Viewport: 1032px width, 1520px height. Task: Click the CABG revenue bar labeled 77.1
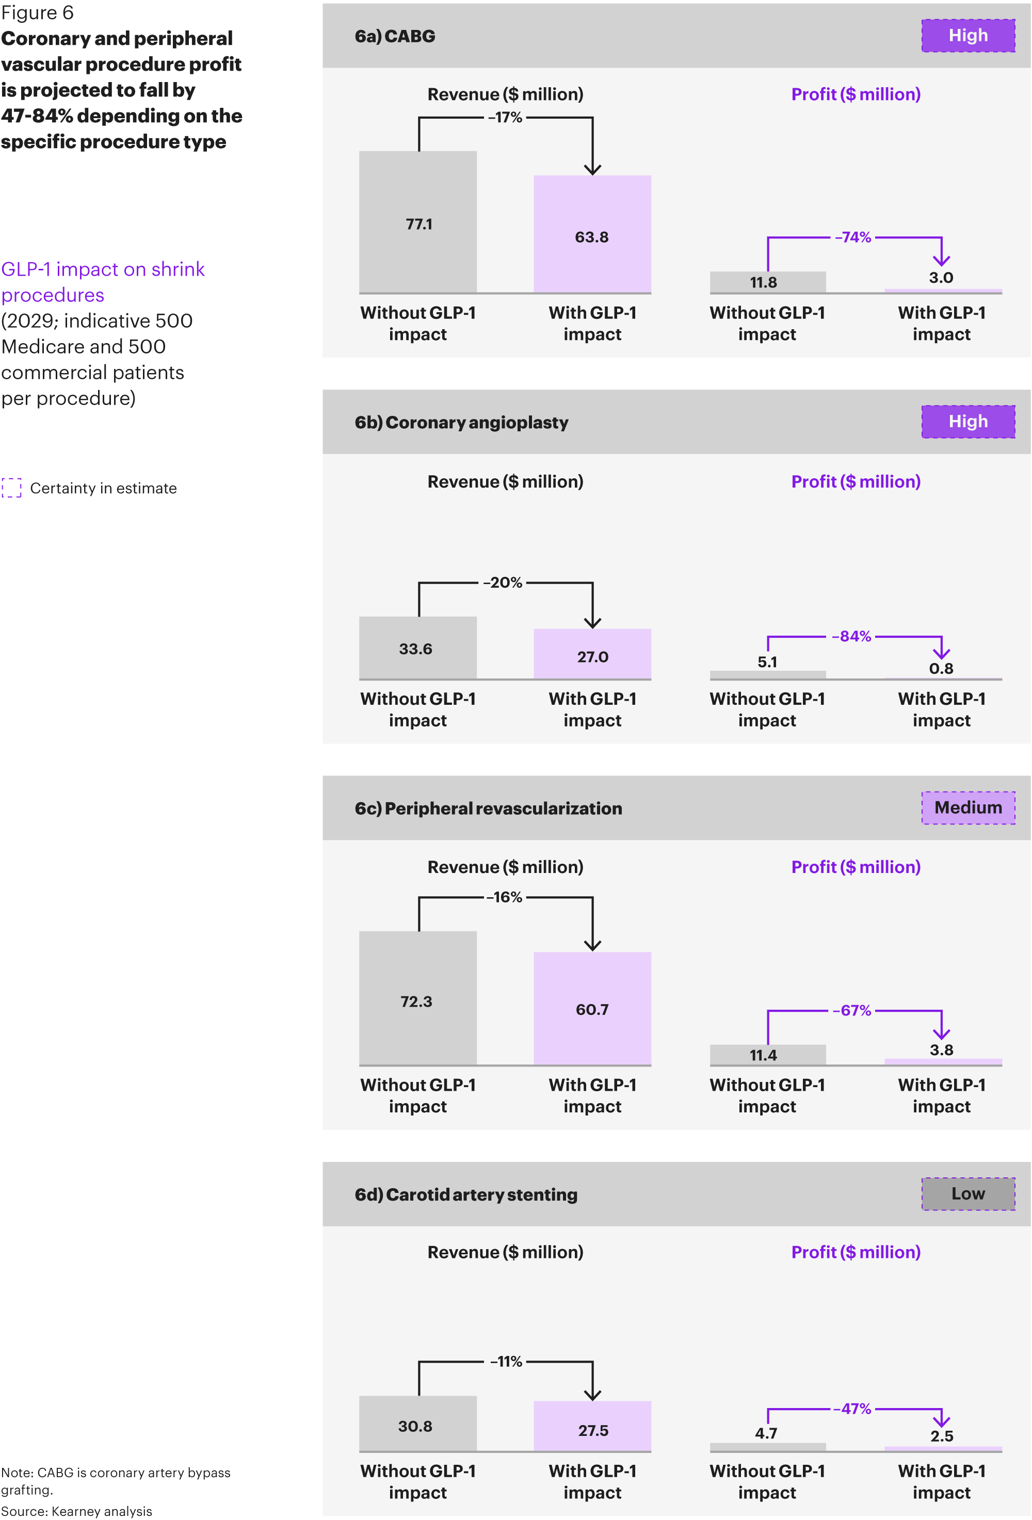pyautogui.click(x=417, y=222)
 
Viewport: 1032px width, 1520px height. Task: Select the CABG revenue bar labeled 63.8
pyautogui.click(x=592, y=234)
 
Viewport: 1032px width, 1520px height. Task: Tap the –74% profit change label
pyautogui.click(x=853, y=237)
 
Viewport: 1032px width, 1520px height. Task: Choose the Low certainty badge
pyautogui.click(x=968, y=1193)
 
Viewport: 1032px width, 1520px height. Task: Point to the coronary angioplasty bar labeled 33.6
pyautogui.click(x=417, y=648)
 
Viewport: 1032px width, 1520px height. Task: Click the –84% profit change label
pyautogui.click(x=851, y=636)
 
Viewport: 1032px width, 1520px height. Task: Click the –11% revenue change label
pyautogui.click(x=506, y=1361)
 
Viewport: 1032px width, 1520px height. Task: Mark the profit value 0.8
pyautogui.click(x=941, y=669)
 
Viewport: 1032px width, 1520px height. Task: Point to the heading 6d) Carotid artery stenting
pyautogui.click(x=465, y=1194)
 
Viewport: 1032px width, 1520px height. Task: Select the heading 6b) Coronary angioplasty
pyautogui.click(x=461, y=422)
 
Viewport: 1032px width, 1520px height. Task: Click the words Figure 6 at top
pyautogui.click(x=37, y=12)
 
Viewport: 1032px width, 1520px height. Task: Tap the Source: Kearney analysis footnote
pyautogui.click(x=76, y=1511)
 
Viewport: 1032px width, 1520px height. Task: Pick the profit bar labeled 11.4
pyautogui.click(x=767, y=1054)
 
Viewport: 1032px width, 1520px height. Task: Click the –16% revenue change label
pyautogui.click(x=505, y=897)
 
